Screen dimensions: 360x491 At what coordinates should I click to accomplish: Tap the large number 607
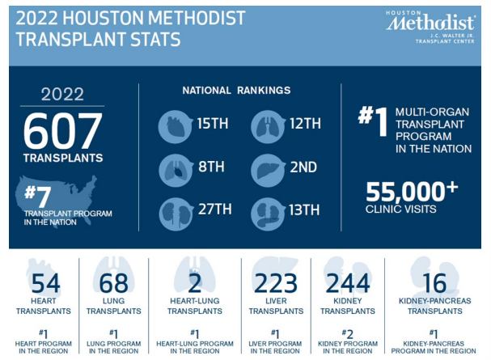tap(62, 131)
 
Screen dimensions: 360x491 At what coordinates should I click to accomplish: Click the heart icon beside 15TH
tap(176, 125)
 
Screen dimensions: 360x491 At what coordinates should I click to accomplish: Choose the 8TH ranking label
tap(211, 167)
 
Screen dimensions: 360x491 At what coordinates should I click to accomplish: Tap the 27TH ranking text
tap(214, 210)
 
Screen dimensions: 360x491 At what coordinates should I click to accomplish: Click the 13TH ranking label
tap(304, 210)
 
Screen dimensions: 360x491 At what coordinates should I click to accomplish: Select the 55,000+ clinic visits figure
tap(406, 193)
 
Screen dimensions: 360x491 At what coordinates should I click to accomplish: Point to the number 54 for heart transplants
tap(45, 283)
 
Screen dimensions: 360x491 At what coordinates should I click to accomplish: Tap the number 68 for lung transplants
tap(114, 283)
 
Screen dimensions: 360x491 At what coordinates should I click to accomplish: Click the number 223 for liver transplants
tap(276, 283)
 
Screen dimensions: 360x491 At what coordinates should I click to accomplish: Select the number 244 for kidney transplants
tap(347, 283)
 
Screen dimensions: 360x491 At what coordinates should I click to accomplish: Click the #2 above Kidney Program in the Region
tap(348, 332)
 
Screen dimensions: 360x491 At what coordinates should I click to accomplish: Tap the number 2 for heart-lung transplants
tap(195, 283)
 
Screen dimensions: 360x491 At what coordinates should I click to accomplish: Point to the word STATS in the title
tap(152, 38)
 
